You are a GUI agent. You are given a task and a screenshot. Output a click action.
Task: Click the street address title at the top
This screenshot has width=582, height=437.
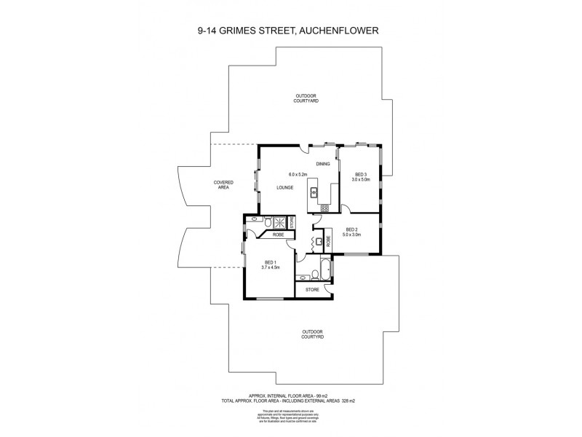click(x=291, y=31)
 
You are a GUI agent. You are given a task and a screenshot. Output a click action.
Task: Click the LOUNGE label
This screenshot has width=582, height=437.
click(x=284, y=188)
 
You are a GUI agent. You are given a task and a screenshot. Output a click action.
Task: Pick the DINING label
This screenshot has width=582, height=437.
click(x=323, y=164)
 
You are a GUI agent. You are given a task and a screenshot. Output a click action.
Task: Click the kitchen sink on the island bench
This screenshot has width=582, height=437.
click(x=315, y=192)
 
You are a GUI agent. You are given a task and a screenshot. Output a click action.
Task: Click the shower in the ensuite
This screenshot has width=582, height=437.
click(x=279, y=222)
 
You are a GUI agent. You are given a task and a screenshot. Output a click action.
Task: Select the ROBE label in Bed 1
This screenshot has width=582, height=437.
click(x=278, y=235)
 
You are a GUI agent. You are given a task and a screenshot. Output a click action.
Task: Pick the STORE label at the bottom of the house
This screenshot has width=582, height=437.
click(x=312, y=290)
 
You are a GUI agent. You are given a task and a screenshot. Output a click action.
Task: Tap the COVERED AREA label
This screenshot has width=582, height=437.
click(x=223, y=185)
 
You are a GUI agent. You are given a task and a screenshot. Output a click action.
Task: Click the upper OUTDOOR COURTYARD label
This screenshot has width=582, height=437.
click(x=306, y=98)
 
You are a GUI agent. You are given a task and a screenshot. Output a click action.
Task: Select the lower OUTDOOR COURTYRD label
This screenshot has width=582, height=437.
click(x=312, y=334)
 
